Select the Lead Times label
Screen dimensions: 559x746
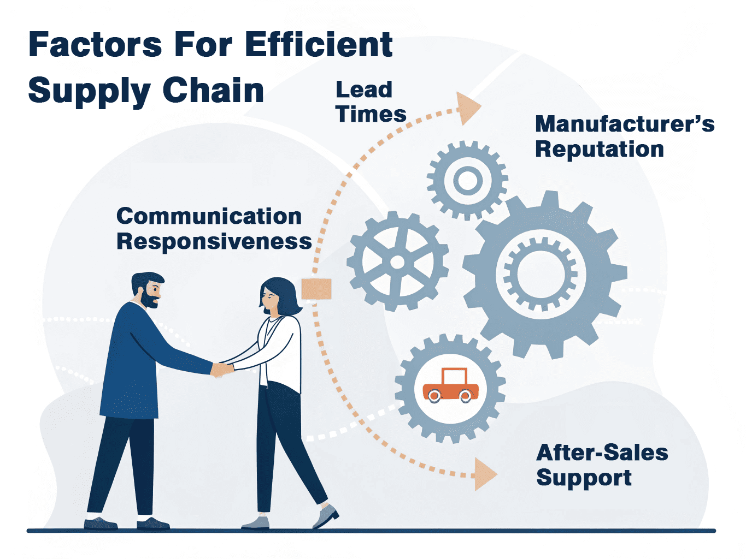coord(370,102)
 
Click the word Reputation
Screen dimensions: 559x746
coord(599,149)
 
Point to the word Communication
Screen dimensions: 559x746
coord(209,216)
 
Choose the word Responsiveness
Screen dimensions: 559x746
coord(214,241)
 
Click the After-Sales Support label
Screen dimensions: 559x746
coord(601,465)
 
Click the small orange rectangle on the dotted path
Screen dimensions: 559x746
coord(316,289)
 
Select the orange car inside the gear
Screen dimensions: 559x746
coord(450,386)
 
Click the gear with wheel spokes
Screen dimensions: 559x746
coord(397,262)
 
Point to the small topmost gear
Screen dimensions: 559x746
coord(467,180)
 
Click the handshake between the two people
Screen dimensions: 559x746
coord(222,370)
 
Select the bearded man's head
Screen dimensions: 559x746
coord(148,289)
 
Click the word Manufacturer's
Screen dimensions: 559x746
coord(624,124)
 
